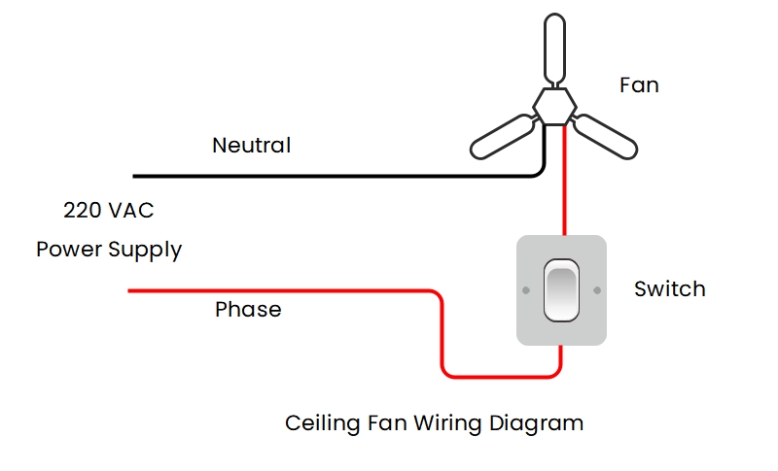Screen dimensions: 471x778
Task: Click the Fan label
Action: click(639, 85)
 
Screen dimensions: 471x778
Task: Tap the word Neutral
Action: click(251, 146)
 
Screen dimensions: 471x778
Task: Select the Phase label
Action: click(248, 310)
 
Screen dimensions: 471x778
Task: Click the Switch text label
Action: click(669, 288)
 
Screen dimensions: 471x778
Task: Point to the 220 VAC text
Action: click(108, 210)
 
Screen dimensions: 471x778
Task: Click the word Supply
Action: click(145, 250)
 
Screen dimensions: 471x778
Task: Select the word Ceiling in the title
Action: click(317, 423)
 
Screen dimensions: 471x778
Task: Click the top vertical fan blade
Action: click(554, 49)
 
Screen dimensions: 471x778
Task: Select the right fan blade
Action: click(606, 137)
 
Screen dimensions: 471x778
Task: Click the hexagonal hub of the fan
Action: click(554, 104)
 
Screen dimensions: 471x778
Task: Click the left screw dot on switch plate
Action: click(525, 289)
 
